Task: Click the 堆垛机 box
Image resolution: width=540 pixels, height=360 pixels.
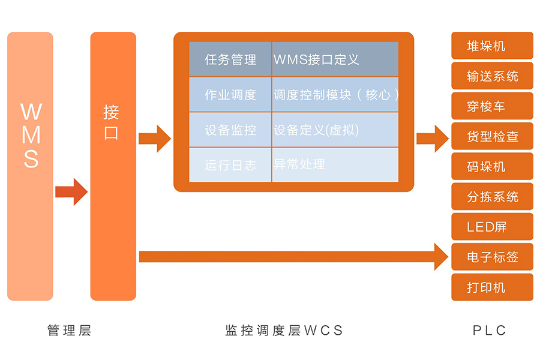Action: [492, 46]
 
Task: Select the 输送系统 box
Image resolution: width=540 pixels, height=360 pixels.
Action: [492, 76]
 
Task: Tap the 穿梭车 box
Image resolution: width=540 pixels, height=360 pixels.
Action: [492, 106]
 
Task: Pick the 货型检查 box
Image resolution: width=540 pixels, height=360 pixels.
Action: [492, 136]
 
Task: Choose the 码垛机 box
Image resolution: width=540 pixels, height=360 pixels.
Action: [492, 166]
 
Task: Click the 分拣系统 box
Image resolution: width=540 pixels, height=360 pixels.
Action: [492, 197]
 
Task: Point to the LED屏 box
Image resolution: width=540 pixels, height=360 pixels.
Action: [492, 227]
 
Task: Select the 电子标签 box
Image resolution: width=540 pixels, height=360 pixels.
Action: [492, 257]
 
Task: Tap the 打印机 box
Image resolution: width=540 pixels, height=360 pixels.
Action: [492, 287]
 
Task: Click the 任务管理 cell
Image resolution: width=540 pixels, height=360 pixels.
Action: [230, 59]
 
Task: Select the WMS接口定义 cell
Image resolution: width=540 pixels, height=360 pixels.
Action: [335, 59]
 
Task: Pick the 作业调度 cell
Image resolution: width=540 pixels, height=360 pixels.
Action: [230, 95]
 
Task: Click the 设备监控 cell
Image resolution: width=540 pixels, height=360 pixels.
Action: [230, 130]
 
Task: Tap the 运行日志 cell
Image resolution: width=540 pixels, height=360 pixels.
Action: [230, 165]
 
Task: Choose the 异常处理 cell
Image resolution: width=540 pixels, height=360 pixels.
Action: [335, 164]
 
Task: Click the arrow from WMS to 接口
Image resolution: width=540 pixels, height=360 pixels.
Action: [71, 192]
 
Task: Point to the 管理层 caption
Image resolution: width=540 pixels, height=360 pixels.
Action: [69, 330]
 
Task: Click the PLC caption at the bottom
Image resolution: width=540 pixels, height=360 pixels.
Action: [490, 330]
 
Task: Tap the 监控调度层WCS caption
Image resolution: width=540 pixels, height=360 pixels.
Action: [283, 330]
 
